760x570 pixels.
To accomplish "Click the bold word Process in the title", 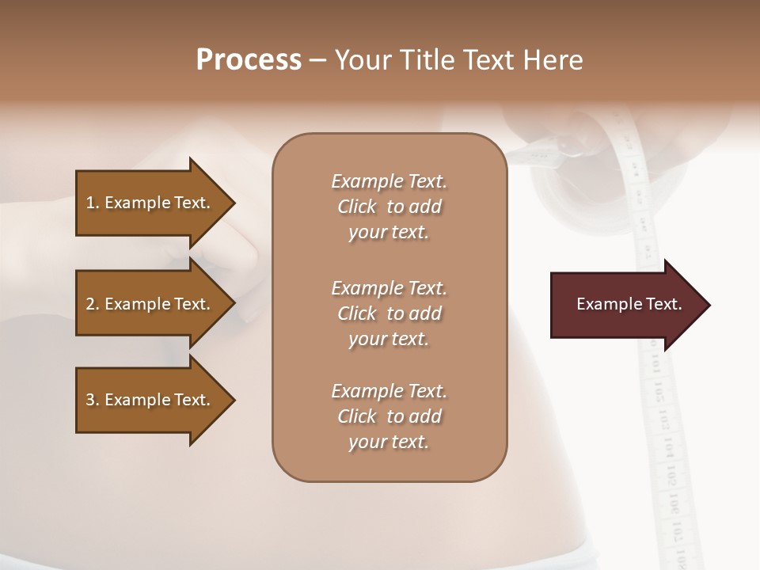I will point(249,60).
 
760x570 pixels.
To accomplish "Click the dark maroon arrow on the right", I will point(625,305).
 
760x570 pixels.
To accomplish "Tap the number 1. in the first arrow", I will point(93,203).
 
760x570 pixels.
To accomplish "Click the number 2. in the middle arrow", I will point(93,304).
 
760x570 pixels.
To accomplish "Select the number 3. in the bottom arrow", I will point(93,400).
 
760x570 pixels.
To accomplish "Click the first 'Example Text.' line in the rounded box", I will point(389,181).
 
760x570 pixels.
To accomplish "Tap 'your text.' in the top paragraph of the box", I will point(389,233).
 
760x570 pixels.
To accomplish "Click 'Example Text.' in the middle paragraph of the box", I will point(389,288).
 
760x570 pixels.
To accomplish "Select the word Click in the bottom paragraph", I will point(357,416).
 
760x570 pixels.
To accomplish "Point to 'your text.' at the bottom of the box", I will point(389,443).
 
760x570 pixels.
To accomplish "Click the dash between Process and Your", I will point(318,60).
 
